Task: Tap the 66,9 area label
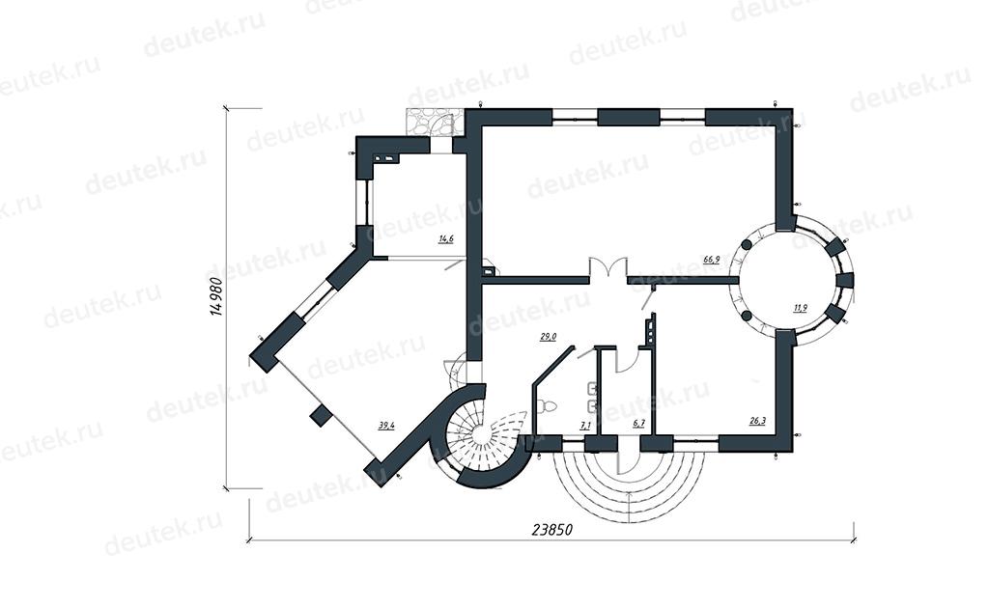coord(712,259)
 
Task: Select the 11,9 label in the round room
coord(800,308)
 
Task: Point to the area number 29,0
coord(548,337)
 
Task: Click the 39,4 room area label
coord(386,425)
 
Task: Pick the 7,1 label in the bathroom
coord(584,425)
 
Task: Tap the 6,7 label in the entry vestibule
coord(639,424)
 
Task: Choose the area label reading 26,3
coord(757,421)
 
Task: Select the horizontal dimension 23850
coord(551,530)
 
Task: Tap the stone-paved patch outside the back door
coord(434,121)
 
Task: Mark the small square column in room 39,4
coord(322,415)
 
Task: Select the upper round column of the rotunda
coord(747,244)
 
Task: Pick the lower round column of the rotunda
coord(747,316)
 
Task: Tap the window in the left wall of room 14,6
coord(364,200)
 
